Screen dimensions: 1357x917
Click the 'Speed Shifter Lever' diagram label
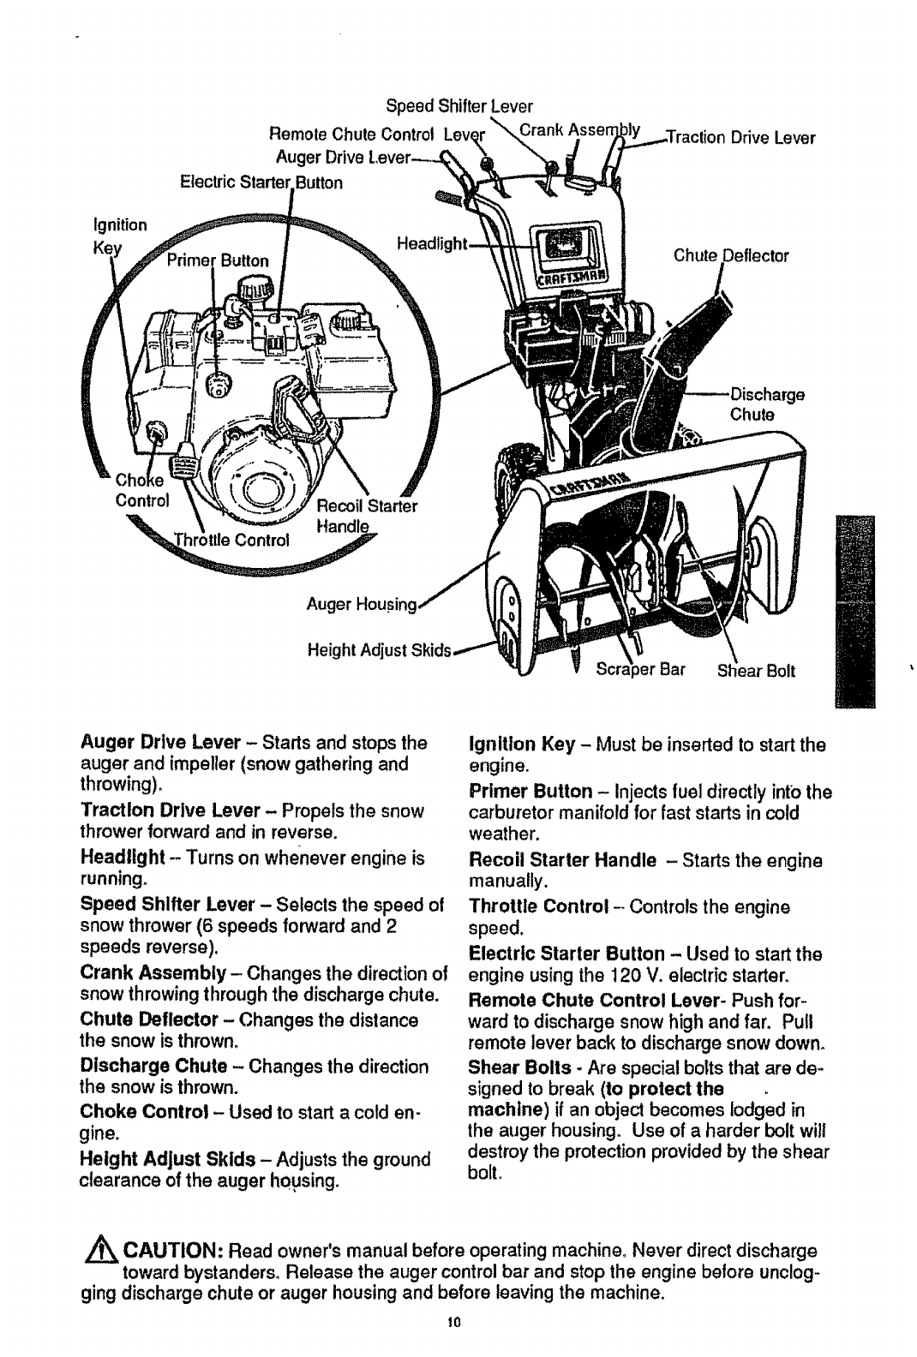point(459,107)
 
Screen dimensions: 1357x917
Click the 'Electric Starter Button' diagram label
point(261,182)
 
